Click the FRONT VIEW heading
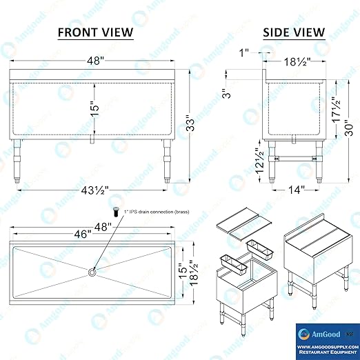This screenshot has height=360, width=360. coord(95,32)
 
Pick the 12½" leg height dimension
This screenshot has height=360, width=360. coord(257,163)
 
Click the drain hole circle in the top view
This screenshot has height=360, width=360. coord(91,272)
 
